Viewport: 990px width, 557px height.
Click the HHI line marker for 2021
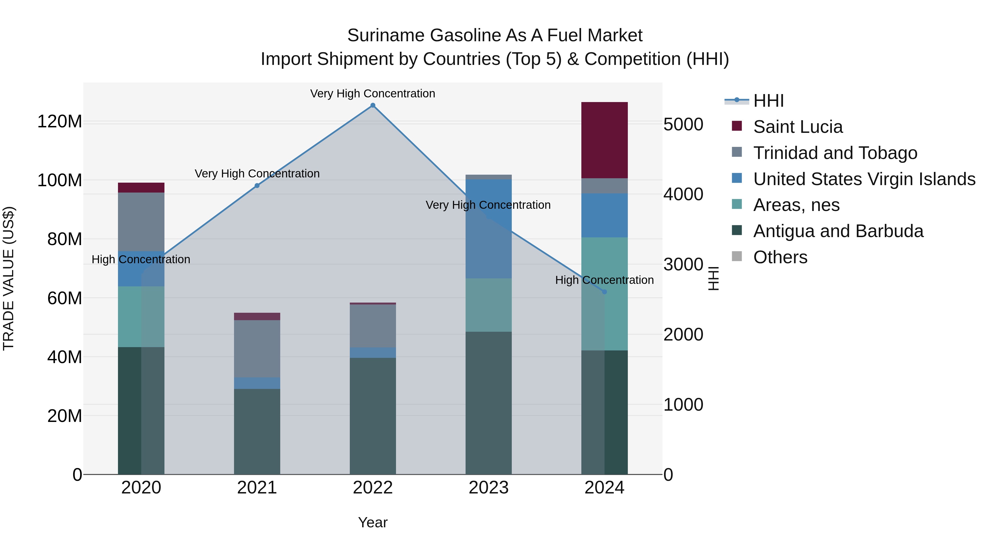point(257,186)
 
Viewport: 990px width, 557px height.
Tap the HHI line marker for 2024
point(604,292)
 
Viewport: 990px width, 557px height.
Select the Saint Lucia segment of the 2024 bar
point(604,140)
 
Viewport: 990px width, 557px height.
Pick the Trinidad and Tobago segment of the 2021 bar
point(257,349)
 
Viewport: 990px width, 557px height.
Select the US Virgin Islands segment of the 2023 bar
point(488,229)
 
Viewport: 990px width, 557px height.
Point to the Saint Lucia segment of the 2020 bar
point(141,188)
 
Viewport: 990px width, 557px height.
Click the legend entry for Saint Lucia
point(798,127)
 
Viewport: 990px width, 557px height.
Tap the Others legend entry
point(780,257)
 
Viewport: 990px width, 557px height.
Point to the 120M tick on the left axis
point(60,122)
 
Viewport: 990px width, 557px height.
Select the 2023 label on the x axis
point(488,488)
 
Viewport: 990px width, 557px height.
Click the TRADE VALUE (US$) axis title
point(9,278)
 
